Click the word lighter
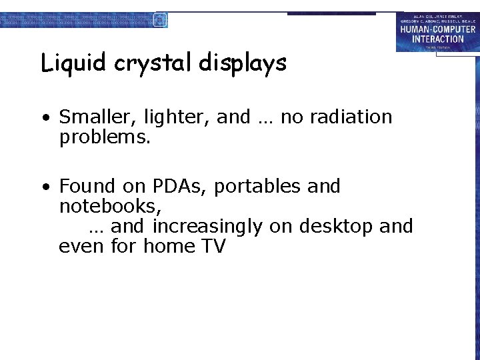(177, 118)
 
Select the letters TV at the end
(213, 247)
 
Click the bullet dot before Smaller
(45, 119)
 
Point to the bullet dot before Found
(45, 187)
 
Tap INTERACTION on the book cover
(437, 39)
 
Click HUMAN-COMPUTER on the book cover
(437, 29)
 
